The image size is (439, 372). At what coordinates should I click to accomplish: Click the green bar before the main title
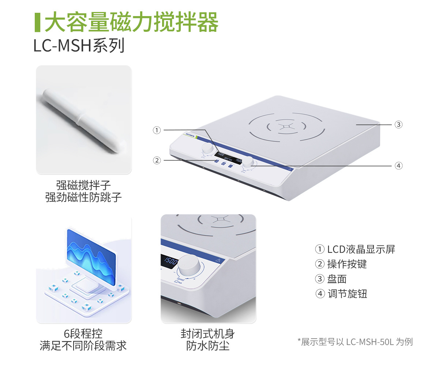click(x=37, y=22)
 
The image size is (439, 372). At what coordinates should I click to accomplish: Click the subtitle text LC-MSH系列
click(x=79, y=46)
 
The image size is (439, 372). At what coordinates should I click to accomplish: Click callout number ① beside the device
click(x=157, y=130)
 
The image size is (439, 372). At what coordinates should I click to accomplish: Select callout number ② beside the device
click(x=157, y=160)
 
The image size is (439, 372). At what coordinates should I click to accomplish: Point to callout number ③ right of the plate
click(x=398, y=124)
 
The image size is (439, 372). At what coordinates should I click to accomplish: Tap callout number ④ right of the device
click(x=398, y=166)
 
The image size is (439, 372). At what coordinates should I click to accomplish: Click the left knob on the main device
click(x=207, y=149)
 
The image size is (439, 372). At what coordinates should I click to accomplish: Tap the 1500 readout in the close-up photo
click(x=170, y=261)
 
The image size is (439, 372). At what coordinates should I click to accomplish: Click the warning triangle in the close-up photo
click(x=218, y=260)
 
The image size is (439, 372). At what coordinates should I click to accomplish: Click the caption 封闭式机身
click(x=208, y=334)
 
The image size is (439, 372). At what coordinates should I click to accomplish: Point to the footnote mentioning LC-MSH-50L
click(x=355, y=342)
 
